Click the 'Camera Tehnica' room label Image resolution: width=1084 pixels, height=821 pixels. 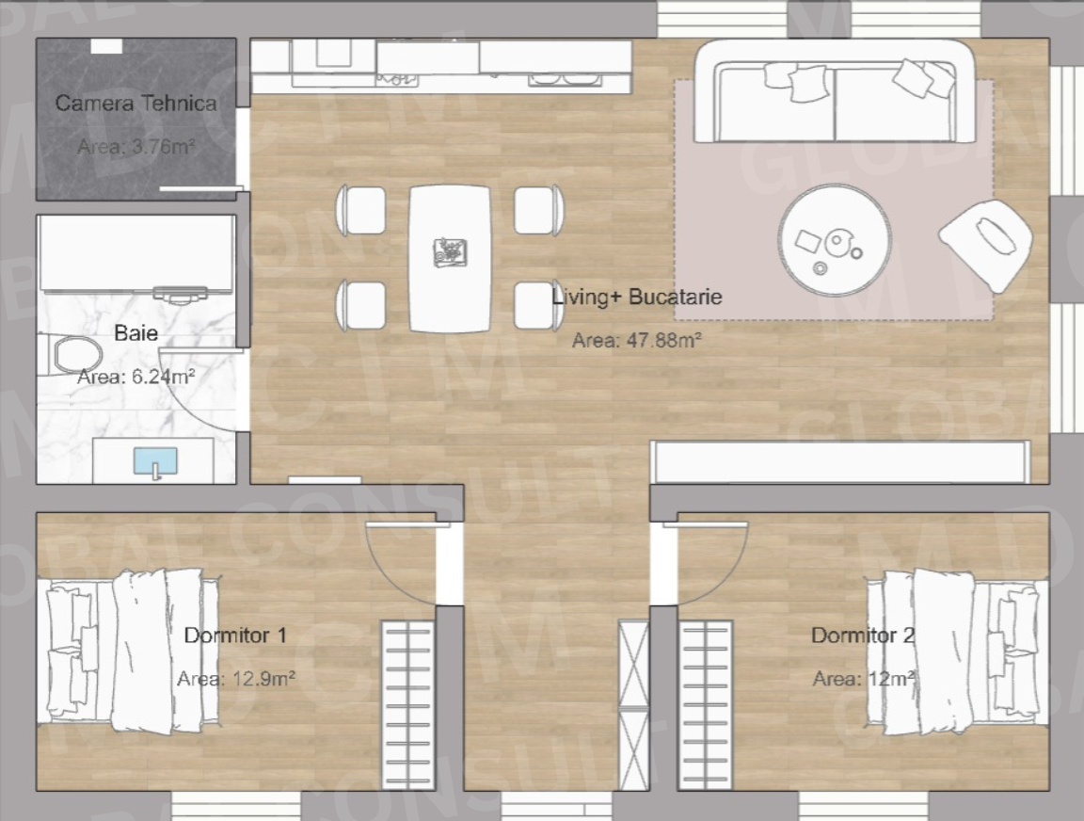click(135, 104)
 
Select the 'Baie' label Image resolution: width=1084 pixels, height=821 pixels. click(135, 332)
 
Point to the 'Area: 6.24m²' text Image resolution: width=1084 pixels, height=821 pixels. click(135, 377)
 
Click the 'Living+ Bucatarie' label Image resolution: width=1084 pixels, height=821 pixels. click(637, 298)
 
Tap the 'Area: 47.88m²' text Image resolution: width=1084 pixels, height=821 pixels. click(637, 340)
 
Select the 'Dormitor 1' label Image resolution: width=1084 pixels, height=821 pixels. click(235, 636)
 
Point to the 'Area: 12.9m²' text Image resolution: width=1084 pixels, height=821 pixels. click(235, 679)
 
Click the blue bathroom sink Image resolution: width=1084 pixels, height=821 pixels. click(155, 461)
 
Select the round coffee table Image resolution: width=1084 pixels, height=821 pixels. click(834, 240)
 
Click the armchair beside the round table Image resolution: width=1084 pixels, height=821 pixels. click(985, 242)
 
